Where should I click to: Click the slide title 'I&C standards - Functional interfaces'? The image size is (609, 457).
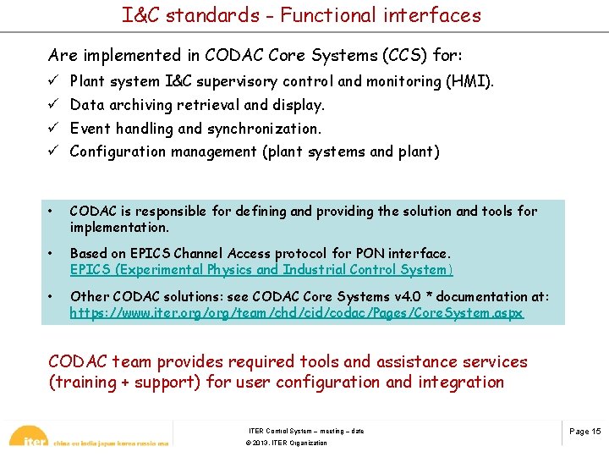301,15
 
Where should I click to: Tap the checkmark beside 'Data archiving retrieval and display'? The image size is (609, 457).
53,105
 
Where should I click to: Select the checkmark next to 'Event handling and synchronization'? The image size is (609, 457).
53,129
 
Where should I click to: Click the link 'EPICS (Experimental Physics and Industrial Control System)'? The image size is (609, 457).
261,269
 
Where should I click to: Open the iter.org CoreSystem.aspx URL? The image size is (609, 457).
296,313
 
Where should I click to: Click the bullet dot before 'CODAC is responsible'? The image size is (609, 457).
52,212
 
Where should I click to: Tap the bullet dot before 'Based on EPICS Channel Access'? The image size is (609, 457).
52,254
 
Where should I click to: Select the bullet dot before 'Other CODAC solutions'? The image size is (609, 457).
52,296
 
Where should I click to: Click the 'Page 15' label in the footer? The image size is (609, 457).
584,431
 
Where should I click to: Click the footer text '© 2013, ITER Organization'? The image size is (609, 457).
286,443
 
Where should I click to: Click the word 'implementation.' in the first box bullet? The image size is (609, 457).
119,227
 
